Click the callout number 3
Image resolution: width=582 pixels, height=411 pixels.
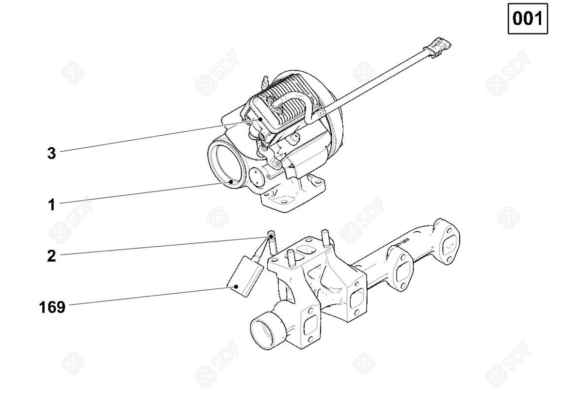click(51, 153)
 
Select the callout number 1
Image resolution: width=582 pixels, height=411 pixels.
click(52, 205)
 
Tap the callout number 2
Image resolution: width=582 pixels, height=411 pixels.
click(51, 256)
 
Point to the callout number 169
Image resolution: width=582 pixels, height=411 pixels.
click(52, 307)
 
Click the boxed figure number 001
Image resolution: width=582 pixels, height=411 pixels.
click(528, 18)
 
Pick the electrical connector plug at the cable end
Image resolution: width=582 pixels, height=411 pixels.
click(437, 47)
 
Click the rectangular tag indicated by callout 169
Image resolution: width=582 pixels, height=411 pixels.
click(245, 276)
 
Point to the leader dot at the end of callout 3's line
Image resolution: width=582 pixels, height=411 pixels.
click(260, 119)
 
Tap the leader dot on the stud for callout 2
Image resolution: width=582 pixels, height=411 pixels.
click(271, 237)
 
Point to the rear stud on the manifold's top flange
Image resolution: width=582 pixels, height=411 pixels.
click(325, 237)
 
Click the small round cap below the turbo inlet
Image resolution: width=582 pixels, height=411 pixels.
click(257, 177)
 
